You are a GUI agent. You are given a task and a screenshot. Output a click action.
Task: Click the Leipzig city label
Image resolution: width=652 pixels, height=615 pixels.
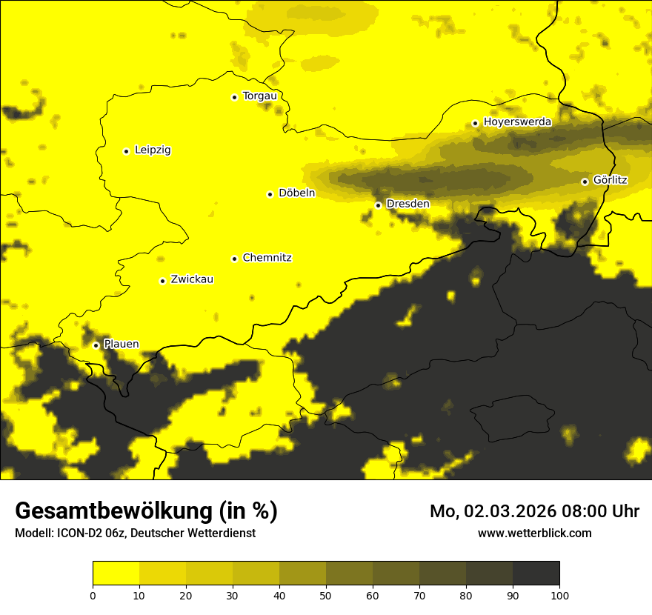[153, 150]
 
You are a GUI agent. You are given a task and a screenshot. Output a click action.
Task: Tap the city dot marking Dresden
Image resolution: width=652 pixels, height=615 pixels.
[378, 205]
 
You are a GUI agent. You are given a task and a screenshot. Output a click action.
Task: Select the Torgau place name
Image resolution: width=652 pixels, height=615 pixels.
[259, 96]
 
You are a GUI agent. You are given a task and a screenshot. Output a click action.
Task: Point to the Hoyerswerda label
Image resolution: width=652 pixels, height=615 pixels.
[517, 122]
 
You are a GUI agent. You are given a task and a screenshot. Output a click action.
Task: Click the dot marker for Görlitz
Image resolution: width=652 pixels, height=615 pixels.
[585, 182]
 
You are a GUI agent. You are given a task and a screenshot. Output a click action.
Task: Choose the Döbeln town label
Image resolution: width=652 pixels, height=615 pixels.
[296, 193]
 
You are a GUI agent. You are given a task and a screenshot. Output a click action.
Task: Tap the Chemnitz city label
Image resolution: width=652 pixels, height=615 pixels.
[267, 258]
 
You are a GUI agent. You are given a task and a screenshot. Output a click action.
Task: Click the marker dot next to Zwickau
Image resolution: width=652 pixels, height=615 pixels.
[162, 281]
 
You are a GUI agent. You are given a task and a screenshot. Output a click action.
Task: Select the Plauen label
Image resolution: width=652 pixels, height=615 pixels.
[121, 344]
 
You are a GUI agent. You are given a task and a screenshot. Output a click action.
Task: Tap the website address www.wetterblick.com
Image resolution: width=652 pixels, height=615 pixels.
[534, 533]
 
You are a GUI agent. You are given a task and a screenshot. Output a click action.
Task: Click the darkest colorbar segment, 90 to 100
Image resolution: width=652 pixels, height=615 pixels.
[536, 573]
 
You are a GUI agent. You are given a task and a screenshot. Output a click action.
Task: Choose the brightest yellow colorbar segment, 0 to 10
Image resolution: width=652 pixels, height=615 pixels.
[116, 573]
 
